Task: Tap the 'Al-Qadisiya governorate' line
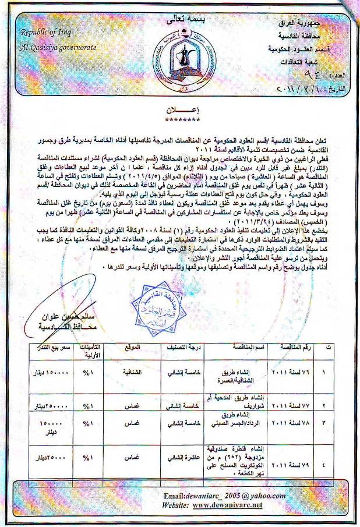tap(57, 46)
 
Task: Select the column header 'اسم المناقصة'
tap(240, 347)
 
